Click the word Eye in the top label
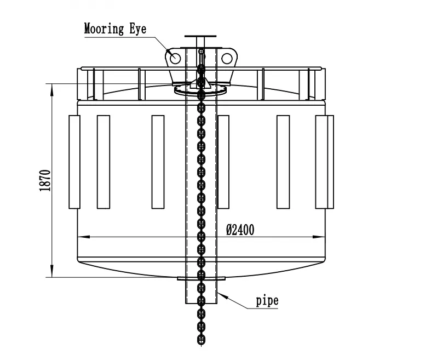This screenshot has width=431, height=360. tap(137, 28)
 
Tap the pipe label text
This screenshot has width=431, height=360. tap(267, 300)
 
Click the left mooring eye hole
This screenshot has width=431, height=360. tap(175, 57)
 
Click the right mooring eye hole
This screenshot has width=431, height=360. tap(226, 57)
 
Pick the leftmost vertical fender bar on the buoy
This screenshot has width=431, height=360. tap(74, 162)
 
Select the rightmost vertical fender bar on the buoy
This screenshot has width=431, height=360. tap(325, 162)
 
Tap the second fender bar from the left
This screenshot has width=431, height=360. tap(104, 162)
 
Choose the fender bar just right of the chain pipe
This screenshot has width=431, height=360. tap(223, 162)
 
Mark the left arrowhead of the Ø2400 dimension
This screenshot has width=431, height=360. tap(81, 237)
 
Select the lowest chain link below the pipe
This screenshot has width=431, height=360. tap(201, 340)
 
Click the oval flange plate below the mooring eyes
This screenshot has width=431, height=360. tap(200, 90)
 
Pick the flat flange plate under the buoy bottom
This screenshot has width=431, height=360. tap(201, 279)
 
